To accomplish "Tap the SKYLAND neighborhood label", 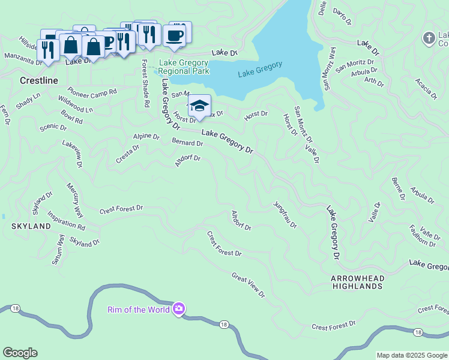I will (31, 226).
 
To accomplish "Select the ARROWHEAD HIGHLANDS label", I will (357, 283).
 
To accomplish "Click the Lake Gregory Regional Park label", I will (184, 67).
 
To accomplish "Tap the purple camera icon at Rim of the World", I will (178, 309).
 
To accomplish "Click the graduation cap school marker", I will (199, 106).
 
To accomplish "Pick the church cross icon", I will (429, 38).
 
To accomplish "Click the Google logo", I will (20, 353).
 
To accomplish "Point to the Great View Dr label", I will (248, 284).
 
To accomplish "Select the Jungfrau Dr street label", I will (285, 215).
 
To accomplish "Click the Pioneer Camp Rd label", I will (92, 93).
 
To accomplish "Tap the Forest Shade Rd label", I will (145, 83).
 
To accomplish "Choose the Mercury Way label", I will (74, 200).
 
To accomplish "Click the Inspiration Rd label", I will (66, 220).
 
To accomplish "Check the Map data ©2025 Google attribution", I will (411, 355).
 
